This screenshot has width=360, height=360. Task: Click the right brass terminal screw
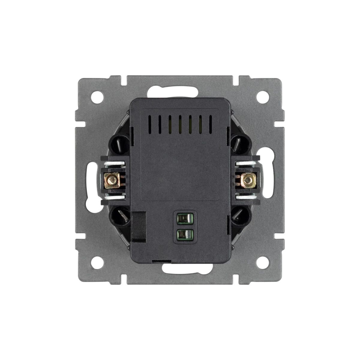[x=247, y=180]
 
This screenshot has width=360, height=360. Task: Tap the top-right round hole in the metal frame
[x=263, y=97]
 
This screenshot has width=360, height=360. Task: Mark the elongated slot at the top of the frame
[x=180, y=90]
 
